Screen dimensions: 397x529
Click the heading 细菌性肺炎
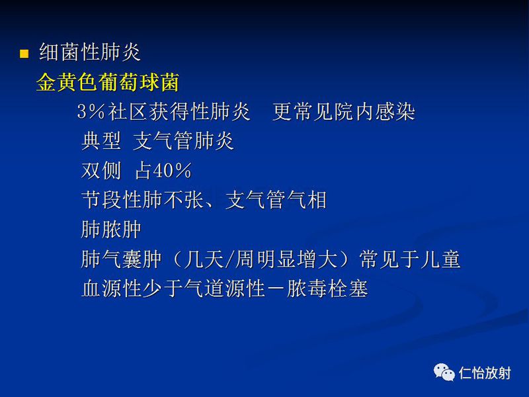click(x=90, y=53)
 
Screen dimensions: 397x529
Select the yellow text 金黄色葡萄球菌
click(x=107, y=83)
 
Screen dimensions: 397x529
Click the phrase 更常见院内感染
click(x=343, y=112)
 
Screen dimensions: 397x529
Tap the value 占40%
click(x=163, y=171)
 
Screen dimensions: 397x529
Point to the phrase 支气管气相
click(x=276, y=200)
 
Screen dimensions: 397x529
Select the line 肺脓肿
click(x=111, y=230)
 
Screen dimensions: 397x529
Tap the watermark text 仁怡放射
click(x=485, y=374)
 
